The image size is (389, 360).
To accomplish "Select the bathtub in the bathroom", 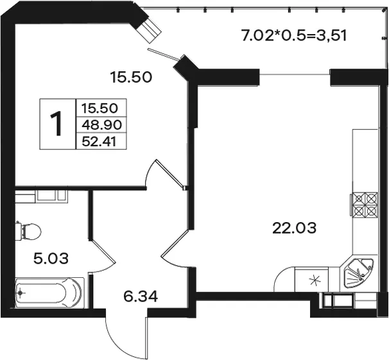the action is [49, 293].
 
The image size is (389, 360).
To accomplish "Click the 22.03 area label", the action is [294, 228].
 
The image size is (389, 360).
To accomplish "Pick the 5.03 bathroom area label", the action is [51, 259].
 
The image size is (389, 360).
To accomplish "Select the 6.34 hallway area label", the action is [141, 296].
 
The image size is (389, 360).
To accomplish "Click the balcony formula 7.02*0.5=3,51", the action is [293, 35].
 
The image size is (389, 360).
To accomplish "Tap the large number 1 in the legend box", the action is [56, 124].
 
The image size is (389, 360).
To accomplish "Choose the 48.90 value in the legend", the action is [101, 125].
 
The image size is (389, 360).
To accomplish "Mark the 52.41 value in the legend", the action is [99, 142].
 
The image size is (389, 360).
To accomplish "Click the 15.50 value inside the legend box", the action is [99, 108].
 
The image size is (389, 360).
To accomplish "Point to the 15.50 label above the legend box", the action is [131, 77].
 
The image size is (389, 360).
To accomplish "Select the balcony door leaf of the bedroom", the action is [163, 54].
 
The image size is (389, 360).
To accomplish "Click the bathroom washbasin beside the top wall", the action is [51, 196].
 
